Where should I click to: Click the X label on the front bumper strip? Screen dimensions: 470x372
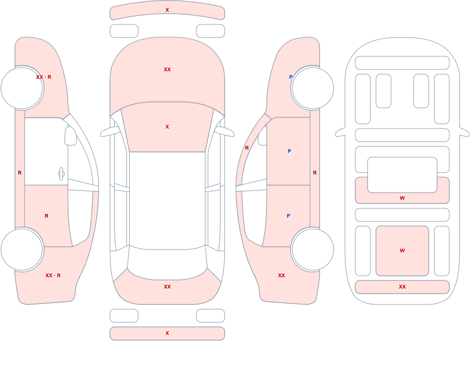click(x=167, y=10)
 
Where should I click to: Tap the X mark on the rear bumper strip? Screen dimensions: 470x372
click(x=167, y=333)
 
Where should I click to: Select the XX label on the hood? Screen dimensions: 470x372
click(x=167, y=69)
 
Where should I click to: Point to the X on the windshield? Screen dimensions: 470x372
click(x=167, y=127)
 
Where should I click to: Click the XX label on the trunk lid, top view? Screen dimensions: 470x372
click(x=167, y=287)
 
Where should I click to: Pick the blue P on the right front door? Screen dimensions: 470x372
click(x=289, y=151)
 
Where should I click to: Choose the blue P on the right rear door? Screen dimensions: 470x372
click(x=289, y=216)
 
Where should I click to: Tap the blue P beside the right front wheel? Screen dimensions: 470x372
click(x=290, y=77)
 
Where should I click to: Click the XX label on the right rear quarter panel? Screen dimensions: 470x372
click(x=282, y=275)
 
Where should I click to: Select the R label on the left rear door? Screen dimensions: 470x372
click(x=47, y=216)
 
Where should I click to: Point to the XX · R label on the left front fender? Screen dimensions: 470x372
click(x=43, y=77)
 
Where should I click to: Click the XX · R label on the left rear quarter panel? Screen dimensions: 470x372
click(x=53, y=275)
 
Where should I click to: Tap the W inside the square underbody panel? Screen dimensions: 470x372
click(x=402, y=251)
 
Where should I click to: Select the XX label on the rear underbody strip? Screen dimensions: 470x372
click(x=402, y=287)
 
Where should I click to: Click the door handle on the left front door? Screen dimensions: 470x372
click(x=61, y=174)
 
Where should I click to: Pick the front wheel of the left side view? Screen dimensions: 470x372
click(x=22, y=88)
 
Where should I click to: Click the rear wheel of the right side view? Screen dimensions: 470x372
click(x=313, y=249)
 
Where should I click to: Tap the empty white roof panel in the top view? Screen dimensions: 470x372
click(x=167, y=200)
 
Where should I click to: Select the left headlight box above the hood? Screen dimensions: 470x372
click(x=124, y=31)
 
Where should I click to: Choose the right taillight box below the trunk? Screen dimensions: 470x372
click(x=211, y=316)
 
